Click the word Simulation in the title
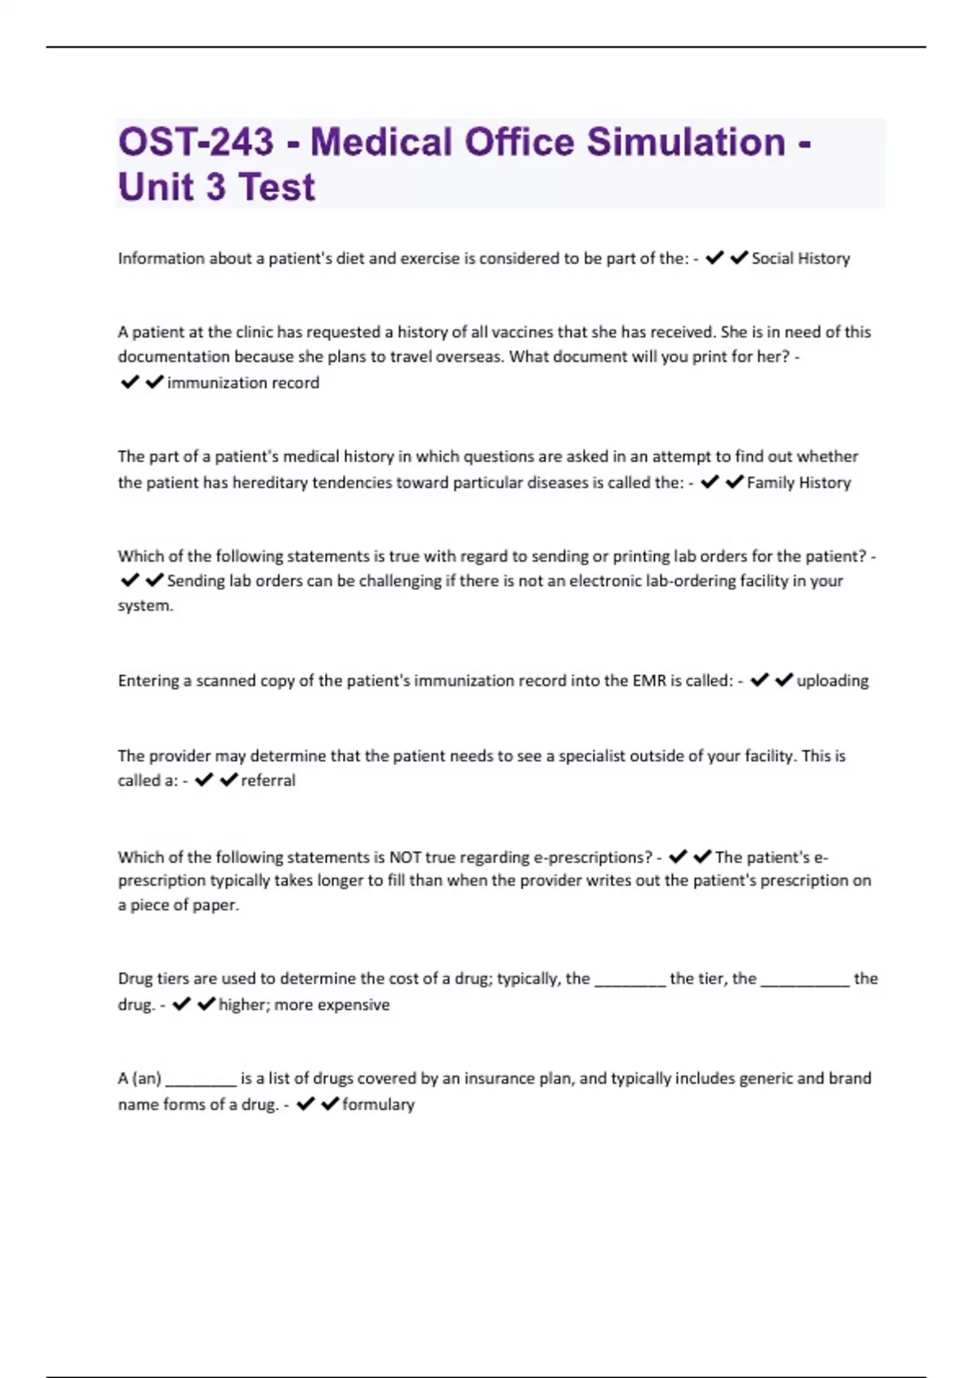[685, 142]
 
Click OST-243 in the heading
[195, 142]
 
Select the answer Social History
[800, 259]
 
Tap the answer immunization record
[242, 383]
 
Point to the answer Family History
[799, 482]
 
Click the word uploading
[832, 681]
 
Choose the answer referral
[268, 781]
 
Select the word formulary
[378, 1104]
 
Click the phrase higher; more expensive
[304, 1005]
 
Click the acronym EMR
[649, 681]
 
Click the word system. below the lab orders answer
[145, 606]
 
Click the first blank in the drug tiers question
[630, 979]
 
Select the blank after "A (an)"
[200, 1079]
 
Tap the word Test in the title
[276, 187]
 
